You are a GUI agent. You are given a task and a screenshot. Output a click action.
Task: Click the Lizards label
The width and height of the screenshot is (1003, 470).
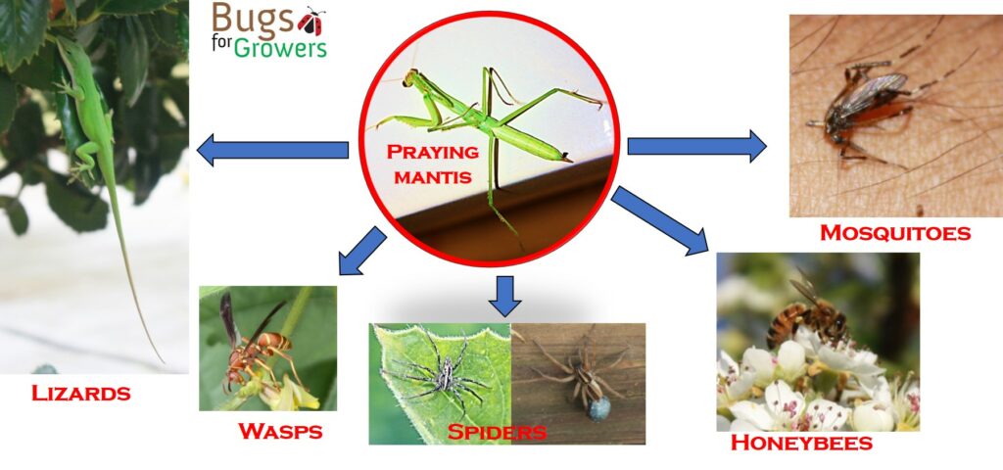click(x=80, y=393)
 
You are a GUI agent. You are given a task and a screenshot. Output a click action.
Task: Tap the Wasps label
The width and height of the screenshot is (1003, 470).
click(x=280, y=431)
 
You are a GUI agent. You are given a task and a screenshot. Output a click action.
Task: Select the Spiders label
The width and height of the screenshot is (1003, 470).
click(x=497, y=432)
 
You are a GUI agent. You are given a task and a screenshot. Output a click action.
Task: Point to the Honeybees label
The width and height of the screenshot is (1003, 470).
click(x=801, y=443)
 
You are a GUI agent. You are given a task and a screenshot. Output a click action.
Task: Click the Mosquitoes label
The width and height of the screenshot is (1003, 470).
click(x=895, y=232)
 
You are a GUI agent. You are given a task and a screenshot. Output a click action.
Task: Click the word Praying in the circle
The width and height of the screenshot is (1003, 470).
click(x=432, y=152)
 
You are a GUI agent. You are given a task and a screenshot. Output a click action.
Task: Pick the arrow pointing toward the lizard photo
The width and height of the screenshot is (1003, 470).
click(x=272, y=150)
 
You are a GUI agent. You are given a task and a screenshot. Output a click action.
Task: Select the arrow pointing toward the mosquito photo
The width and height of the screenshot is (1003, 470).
click(x=696, y=147)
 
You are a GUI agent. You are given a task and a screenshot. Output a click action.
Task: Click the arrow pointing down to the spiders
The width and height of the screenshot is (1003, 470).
click(x=504, y=296)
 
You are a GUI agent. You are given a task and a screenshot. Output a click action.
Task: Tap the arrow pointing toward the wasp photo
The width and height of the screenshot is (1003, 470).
click(x=362, y=252)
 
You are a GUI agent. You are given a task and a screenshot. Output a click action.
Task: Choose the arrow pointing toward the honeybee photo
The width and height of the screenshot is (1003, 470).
click(x=659, y=220)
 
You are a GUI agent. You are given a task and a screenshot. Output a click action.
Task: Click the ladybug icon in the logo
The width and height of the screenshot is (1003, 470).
click(x=311, y=22)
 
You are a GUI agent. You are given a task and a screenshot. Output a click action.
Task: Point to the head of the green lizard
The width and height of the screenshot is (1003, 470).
click(x=66, y=49)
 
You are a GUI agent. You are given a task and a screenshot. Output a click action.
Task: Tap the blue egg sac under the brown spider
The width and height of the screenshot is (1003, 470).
click(x=598, y=408)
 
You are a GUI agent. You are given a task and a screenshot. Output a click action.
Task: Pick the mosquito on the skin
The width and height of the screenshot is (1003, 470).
click(x=860, y=113)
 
